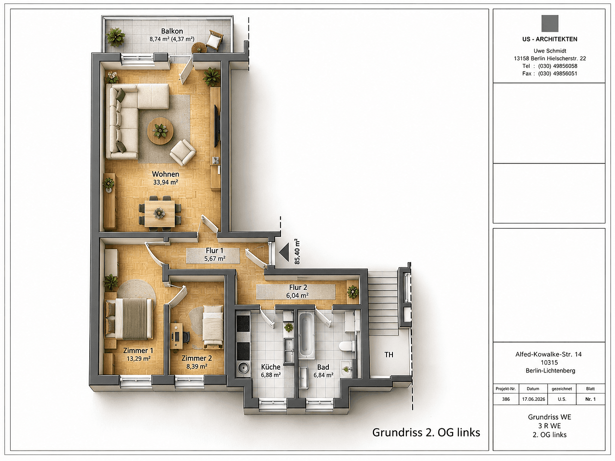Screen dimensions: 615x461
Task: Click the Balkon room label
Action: click(172, 31)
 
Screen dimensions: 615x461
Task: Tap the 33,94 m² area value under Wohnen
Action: click(165, 183)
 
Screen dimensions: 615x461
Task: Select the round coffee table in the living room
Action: click(160, 131)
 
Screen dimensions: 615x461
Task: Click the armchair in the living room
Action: click(182, 152)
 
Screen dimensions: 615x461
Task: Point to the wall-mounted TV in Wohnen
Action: click(216, 125)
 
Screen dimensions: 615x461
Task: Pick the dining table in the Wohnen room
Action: click(159, 214)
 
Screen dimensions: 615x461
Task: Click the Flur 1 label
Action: click(214, 251)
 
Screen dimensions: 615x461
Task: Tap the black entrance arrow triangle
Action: click(284, 252)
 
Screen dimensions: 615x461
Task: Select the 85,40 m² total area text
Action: click(297, 251)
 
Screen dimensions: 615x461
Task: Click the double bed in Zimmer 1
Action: click(129, 318)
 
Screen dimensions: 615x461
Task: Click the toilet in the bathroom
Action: click(346, 346)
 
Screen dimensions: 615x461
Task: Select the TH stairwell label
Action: click(389, 355)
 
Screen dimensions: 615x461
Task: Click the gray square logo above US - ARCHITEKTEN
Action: click(550, 23)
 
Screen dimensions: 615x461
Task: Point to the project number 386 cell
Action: click(506, 399)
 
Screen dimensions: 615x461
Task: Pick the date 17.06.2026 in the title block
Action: click(533, 399)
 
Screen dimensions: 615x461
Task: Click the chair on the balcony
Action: click(214, 40)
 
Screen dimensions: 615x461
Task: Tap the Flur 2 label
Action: click(298, 287)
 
